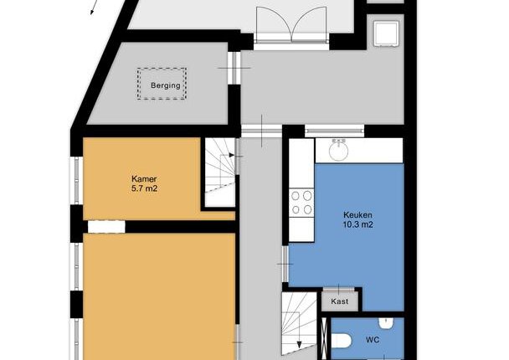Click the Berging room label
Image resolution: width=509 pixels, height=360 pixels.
point(166,85)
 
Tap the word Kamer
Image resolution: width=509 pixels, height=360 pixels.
point(144,179)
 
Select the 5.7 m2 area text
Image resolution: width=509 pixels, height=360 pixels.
point(144,188)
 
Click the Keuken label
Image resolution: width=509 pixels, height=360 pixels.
point(357,215)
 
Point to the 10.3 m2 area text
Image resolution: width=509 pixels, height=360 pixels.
point(357,224)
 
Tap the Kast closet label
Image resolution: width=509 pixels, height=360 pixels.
point(340,301)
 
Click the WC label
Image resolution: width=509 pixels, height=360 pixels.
point(373,340)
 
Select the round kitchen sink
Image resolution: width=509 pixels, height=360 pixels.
point(339,151)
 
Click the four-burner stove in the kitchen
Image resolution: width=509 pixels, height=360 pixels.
point(301,203)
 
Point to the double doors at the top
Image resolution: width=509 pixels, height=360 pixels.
point(291,24)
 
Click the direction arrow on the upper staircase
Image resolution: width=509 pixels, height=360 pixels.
point(231,155)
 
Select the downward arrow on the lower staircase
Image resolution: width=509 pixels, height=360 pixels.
point(300,344)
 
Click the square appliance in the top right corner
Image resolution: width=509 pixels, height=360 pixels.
point(386,33)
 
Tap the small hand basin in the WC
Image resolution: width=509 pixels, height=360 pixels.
point(386,322)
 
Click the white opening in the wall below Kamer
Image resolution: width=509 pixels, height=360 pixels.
point(106,227)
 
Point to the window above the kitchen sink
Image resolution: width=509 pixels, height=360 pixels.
point(334,131)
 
